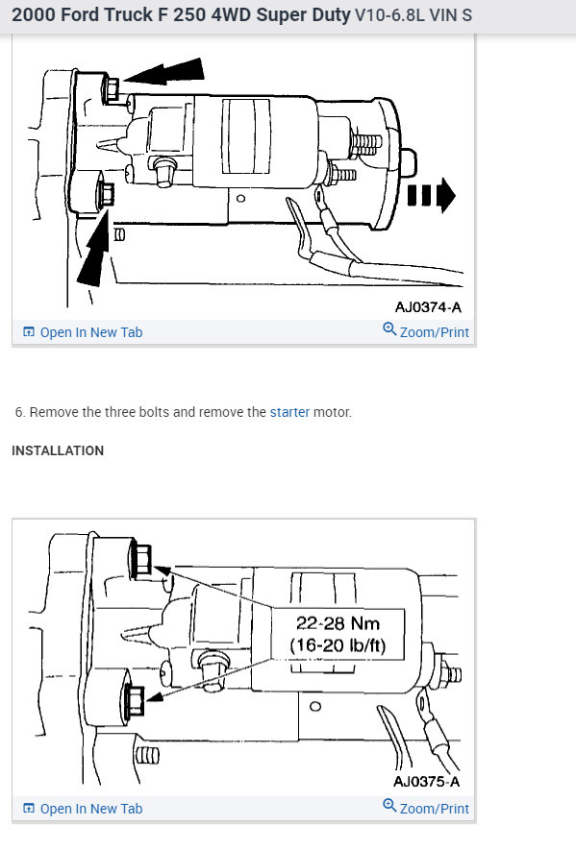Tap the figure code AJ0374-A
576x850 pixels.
pyautogui.click(x=427, y=307)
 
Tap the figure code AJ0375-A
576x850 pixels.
pyautogui.click(x=428, y=782)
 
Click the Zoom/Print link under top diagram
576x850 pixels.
pyautogui.click(x=426, y=331)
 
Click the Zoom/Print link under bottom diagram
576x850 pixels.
pyautogui.click(x=426, y=808)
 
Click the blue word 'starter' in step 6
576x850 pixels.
pyautogui.click(x=289, y=412)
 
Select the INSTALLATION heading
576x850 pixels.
pyautogui.click(x=58, y=450)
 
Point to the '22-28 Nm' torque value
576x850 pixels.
pyautogui.click(x=338, y=624)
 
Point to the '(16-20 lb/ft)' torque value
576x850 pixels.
pyautogui.click(x=338, y=645)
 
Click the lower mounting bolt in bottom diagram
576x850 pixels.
pyautogui.click(x=135, y=699)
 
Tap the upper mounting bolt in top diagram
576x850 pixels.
pyautogui.click(x=110, y=89)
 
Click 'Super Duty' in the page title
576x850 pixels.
pyautogui.click(x=303, y=16)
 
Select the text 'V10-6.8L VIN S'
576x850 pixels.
pyautogui.click(x=413, y=16)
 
